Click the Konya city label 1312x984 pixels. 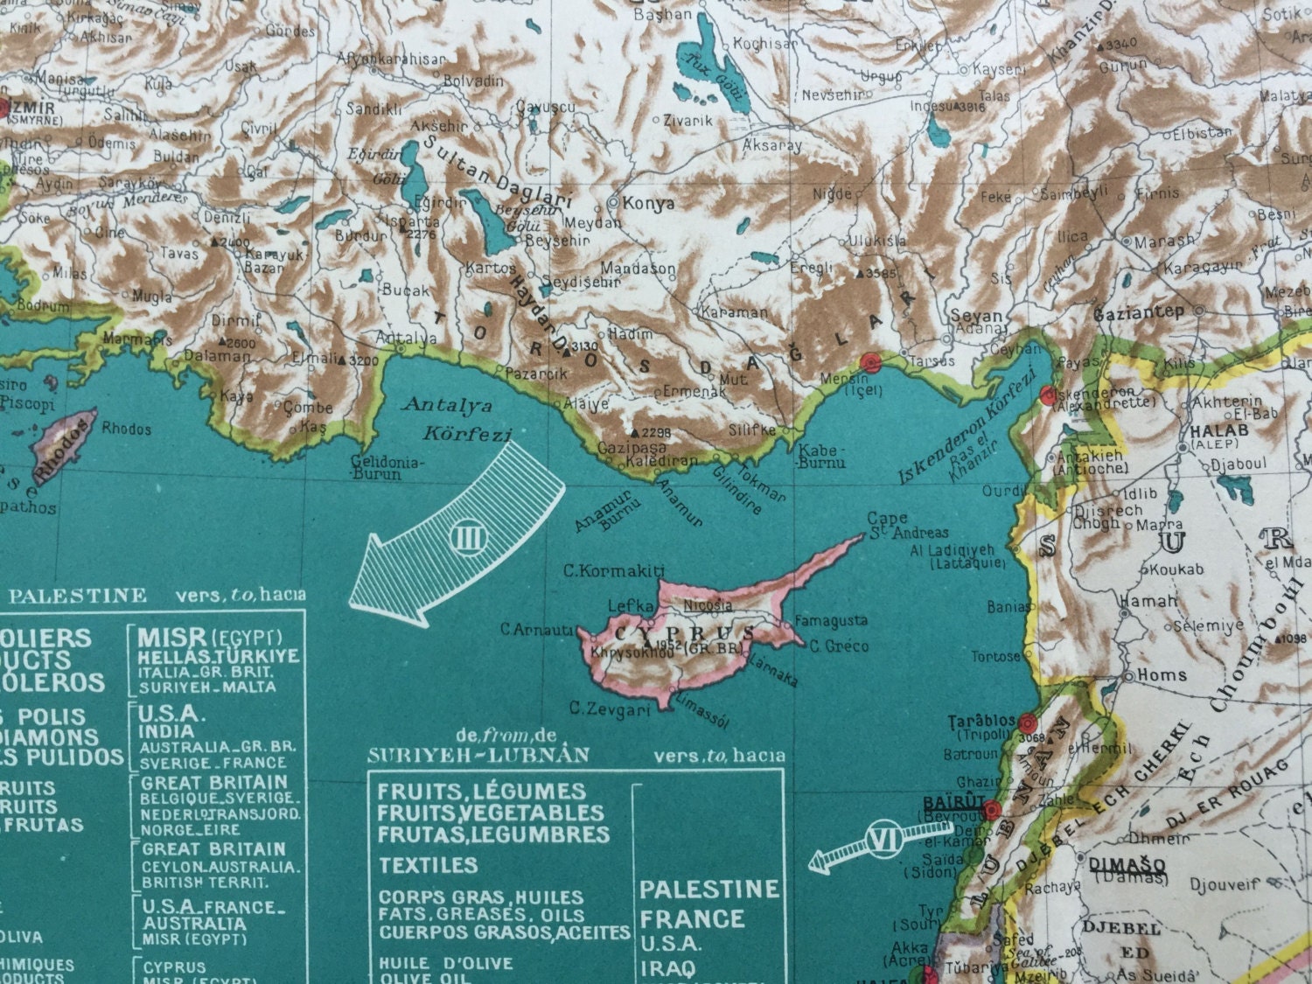click(x=648, y=203)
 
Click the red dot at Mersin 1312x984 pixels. click(x=869, y=363)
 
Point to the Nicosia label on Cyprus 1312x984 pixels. click(x=708, y=604)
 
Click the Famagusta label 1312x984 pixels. click(x=831, y=621)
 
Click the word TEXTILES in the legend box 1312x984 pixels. click(x=429, y=865)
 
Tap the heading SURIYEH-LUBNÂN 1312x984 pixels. click(x=478, y=755)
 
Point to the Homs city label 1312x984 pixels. click(x=1162, y=675)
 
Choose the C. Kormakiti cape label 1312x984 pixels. click(x=609, y=571)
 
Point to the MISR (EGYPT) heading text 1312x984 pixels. click(x=210, y=636)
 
